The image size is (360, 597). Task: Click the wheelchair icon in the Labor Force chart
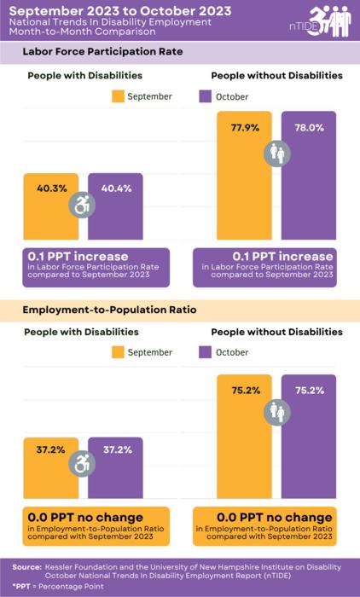(x=84, y=206)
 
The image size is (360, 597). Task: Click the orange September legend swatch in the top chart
(x=117, y=96)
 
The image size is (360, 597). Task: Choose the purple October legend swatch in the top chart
(x=205, y=96)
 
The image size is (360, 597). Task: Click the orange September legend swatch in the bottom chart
(x=117, y=352)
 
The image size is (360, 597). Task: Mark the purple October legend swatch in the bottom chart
(x=205, y=352)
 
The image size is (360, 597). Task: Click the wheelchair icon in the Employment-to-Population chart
(x=84, y=465)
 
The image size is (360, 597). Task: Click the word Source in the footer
(x=27, y=566)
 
